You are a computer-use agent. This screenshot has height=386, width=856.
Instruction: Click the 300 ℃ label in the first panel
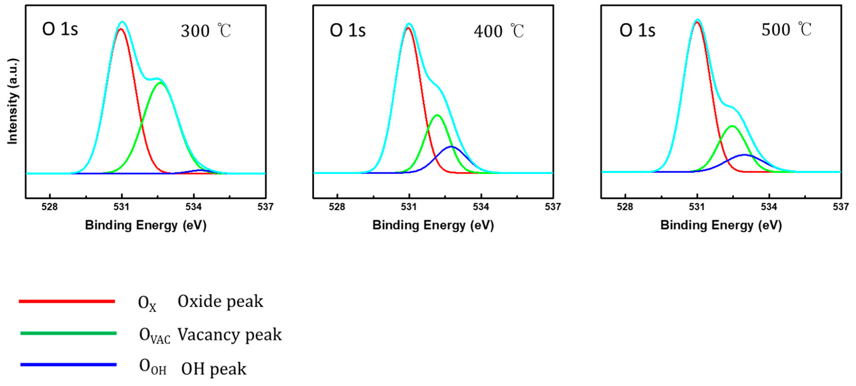point(206,31)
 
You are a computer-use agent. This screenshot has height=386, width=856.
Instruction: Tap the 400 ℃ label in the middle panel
point(498,31)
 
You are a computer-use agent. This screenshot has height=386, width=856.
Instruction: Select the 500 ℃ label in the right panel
point(786,30)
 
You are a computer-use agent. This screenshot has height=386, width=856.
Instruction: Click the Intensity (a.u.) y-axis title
point(13,102)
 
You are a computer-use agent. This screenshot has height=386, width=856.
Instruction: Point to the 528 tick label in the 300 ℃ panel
point(50,207)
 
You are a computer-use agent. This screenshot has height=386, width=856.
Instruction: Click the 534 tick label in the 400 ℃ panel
point(481,207)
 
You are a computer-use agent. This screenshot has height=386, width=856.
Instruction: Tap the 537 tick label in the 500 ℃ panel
point(840,207)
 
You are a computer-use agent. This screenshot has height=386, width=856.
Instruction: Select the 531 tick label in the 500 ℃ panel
point(697,207)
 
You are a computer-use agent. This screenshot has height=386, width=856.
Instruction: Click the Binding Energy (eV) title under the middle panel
point(433,225)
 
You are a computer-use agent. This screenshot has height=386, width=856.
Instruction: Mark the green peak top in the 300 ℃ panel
point(161,83)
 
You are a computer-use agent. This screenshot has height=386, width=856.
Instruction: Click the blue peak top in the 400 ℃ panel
point(451,147)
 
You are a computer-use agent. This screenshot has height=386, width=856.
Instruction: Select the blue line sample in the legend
point(68,365)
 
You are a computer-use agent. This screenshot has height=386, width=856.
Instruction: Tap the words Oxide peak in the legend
point(220,301)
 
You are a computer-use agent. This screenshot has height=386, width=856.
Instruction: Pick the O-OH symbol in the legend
point(152,367)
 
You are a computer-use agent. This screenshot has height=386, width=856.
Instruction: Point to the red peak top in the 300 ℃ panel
point(121,29)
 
